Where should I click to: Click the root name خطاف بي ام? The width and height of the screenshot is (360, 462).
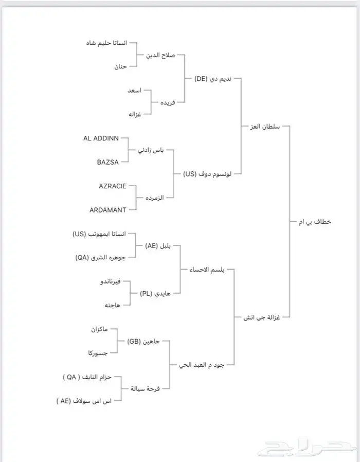point(314,222)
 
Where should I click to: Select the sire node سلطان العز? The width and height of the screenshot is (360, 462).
point(264,126)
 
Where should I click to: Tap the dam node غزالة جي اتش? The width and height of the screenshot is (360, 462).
point(263,317)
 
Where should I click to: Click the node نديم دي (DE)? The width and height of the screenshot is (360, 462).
point(213,79)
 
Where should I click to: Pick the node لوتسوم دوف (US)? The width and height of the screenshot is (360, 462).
point(207,174)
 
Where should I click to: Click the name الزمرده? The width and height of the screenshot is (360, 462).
point(155,198)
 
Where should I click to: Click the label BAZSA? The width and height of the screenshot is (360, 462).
point(108,162)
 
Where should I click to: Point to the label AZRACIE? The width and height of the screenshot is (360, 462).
point(113,186)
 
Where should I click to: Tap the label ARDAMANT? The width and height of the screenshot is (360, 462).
point(108,209)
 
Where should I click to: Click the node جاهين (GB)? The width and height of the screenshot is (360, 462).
point(145,341)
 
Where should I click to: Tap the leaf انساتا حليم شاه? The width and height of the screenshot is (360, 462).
point(105,43)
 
